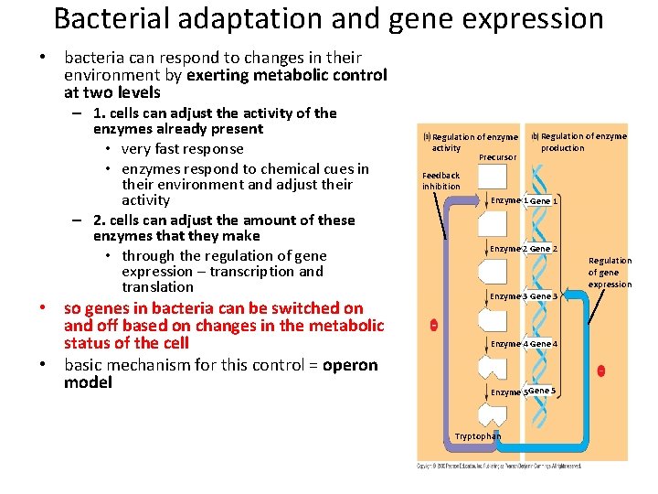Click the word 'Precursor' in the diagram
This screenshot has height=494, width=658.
pyautogui.click(x=497, y=157)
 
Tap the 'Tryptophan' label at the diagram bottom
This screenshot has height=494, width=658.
pyautogui.click(x=478, y=436)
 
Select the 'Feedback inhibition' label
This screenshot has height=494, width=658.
pyautogui.click(x=440, y=180)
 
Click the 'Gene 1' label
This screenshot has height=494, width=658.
pyautogui.click(x=544, y=200)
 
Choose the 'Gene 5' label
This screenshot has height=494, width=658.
pyautogui.click(x=541, y=391)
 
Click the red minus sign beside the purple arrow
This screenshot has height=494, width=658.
pyautogui.click(x=433, y=325)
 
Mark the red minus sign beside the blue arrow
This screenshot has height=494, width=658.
pyautogui.click(x=600, y=370)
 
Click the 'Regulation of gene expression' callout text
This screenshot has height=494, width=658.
pyautogui.click(x=610, y=273)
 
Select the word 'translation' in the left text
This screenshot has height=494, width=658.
pyautogui.click(x=158, y=286)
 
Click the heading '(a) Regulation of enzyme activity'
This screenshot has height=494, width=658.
pyautogui.click(x=470, y=142)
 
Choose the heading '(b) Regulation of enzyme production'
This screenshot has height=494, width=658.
pyautogui.click(x=579, y=142)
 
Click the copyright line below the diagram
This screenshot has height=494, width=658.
pyautogui.click(x=499, y=466)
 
